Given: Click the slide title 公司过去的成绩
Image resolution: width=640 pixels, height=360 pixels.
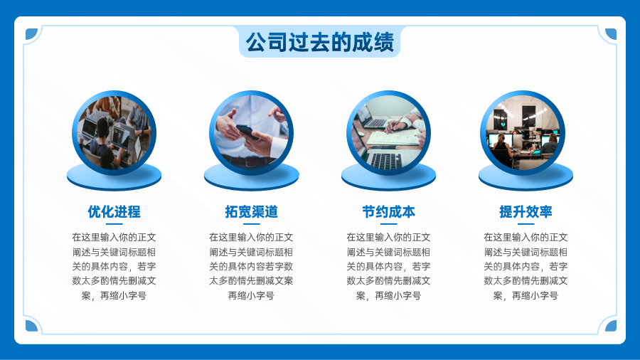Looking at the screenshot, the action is click(x=319, y=42).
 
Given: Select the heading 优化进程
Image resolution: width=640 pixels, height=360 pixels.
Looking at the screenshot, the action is click(x=114, y=212).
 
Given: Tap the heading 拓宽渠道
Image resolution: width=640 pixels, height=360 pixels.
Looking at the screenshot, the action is click(x=252, y=212).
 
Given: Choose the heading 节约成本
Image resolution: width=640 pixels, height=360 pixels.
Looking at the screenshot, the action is click(x=388, y=212).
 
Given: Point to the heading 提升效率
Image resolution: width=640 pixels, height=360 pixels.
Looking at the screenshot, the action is click(x=526, y=212).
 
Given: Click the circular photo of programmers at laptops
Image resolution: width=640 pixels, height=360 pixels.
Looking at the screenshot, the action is click(x=114, y=132).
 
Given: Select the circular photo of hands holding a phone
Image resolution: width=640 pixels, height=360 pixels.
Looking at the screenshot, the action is click(x=252, y=132).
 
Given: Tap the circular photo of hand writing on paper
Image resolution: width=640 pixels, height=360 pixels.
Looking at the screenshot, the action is click(x=388, y=132).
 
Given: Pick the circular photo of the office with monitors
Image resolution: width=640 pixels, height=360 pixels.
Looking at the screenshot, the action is click(x=523, y=132).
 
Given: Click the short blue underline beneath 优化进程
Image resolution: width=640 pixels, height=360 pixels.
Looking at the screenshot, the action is click(x=114, y=223).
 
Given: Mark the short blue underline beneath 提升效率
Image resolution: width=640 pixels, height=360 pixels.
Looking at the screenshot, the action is click(x=526, y=223).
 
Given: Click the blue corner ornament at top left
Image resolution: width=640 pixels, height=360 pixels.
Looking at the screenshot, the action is click(x=31, y=34).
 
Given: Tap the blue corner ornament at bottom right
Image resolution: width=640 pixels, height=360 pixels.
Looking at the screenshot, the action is click(x=611, y=326).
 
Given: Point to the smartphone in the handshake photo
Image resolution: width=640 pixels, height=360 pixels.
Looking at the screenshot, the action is click(x=247, y=132).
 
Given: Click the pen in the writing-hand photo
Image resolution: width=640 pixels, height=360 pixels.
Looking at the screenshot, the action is click(x=394, y=125).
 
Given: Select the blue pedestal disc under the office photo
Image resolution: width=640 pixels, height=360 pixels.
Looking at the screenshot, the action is click(x=526, y=178).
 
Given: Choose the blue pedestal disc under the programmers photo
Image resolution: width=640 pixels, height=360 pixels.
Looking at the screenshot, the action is click(x=114, y=178).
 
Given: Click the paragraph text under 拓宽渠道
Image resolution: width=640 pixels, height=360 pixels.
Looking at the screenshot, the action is click(x=252, y=266).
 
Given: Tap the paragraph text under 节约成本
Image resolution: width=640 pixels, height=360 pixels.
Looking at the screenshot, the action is click(x=388, y=266).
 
